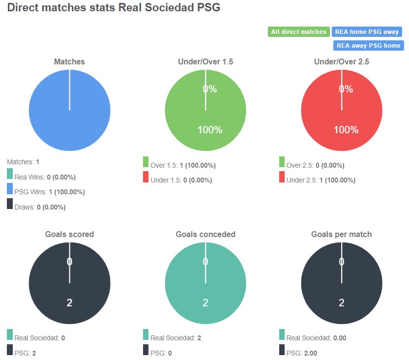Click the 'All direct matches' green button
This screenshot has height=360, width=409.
[298, 32]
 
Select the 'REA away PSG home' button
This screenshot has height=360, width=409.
[368, 46]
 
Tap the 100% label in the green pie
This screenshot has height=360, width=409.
[210, 130]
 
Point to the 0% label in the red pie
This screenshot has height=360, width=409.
[346, 89]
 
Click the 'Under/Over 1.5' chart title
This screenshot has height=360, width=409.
[205, 62]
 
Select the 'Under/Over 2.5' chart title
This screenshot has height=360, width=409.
[341, 62]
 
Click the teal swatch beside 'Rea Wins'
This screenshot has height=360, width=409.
[10, 174]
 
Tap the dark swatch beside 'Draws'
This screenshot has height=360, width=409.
[10, 204]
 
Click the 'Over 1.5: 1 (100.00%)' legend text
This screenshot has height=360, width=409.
[183, 165]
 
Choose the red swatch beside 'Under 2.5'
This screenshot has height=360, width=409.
[282, 177]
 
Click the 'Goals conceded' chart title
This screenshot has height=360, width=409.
[205, 235]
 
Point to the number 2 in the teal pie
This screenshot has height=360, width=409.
[205, 302]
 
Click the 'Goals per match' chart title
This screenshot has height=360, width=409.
[341, 235]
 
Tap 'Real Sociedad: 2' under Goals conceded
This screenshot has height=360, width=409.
[175, 338]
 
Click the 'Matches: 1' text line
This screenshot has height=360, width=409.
[23, 161]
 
